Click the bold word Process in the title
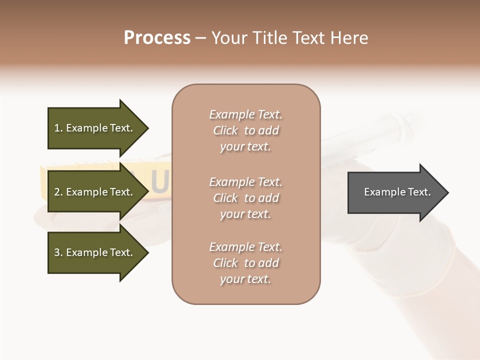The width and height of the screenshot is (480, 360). tap(157, 38)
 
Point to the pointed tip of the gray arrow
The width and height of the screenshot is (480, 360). tap(446, 192)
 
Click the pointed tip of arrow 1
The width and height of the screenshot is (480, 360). tap(146, 128)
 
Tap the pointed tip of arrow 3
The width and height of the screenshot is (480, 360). tap(146, 252)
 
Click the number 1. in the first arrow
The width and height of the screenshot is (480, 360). tap(58, 128)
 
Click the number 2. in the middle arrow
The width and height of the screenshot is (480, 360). tap(58, 192)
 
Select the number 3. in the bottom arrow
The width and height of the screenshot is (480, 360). tap(58, 252)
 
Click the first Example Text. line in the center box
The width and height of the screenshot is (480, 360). tap(245, 114)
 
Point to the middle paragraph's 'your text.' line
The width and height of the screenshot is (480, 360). tap(245, 214)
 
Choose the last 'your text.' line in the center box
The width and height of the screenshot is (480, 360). tap(245, 279)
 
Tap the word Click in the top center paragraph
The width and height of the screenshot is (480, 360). tap(225, 130)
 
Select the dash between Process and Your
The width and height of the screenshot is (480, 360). tap(201, 38)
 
